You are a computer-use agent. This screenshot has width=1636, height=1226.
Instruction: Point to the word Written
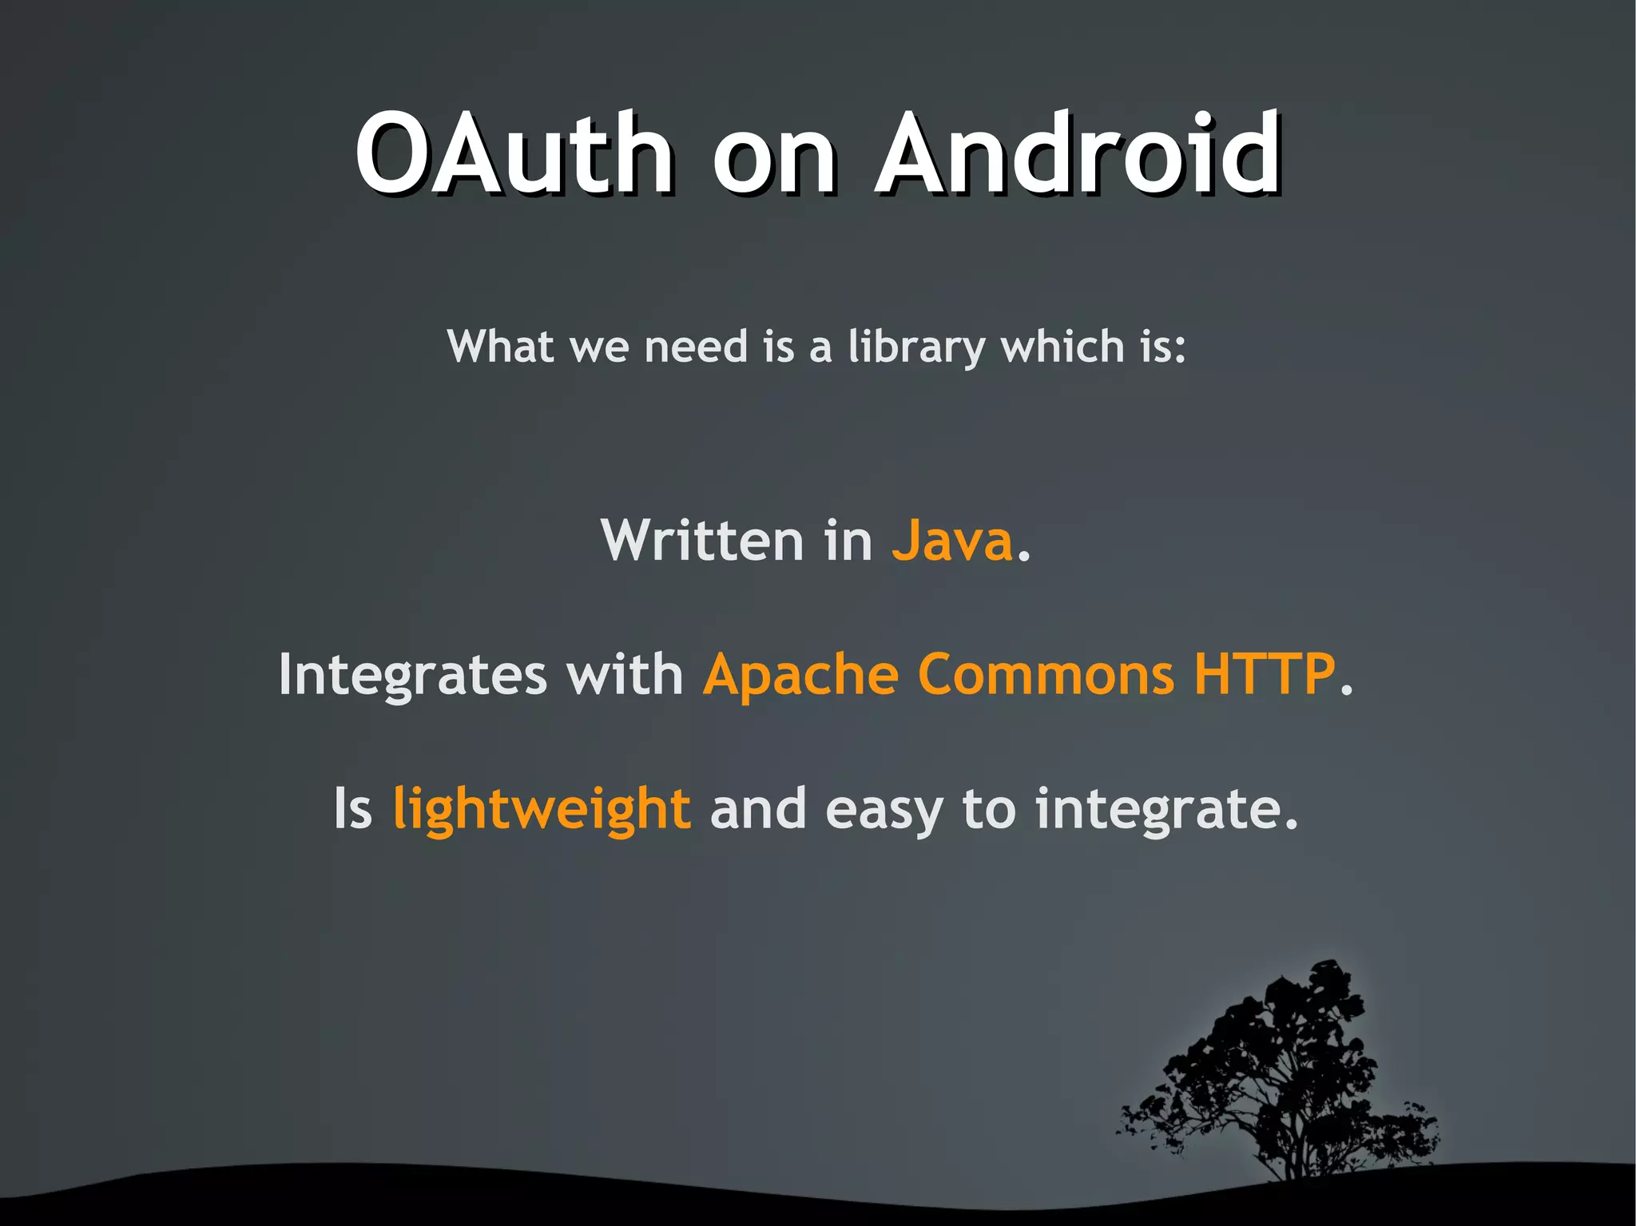[701, 542]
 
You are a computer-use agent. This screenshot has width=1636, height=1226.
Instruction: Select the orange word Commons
[1046, 676]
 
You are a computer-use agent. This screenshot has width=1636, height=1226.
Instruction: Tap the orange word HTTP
[1264, 675]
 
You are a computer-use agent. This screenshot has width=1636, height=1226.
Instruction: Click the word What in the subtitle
[501, 347]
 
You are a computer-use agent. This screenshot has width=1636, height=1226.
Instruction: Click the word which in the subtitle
[1062, 347]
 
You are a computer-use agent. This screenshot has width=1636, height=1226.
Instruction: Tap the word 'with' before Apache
[625, 676]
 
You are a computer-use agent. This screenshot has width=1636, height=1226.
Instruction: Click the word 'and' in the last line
[757, 809]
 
